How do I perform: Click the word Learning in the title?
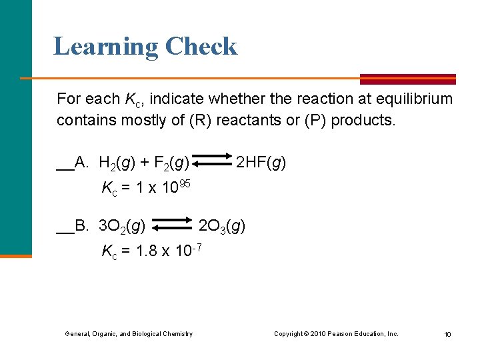[105, 47]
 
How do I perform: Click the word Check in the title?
[201, 47]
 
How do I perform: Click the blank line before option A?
[65, 168]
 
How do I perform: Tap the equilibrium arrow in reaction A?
[213, 162]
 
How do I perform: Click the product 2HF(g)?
[261, 162]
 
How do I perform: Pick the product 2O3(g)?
[223, 227]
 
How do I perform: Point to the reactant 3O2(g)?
[122, 227]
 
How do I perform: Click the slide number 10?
[447, 334]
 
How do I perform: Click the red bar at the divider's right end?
[408, 79]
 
